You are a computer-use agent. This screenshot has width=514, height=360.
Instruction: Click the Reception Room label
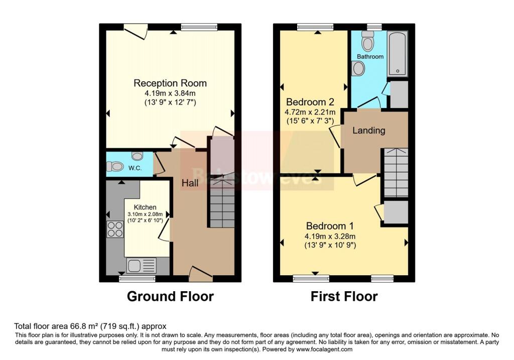pyautogui.click(x=170, y=83)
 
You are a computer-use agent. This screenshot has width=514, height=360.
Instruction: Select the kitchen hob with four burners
pyautogui.click(x=115, y=229)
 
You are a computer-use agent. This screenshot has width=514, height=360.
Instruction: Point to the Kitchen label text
pyautogui.click(x=145, y=207)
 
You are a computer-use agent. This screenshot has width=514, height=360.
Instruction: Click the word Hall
pyautogui.click(x=190, y=184)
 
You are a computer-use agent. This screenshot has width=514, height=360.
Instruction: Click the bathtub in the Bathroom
pyautogui.click(x=397, y=54)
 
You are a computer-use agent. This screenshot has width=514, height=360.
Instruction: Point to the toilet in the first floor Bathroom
pyautogui.click(x=367, y=43)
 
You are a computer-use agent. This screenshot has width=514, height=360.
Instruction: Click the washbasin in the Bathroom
pyautogui.click(x=358, y=69)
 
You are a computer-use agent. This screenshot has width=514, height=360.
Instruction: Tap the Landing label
pyautogui.click(x=368, y=131)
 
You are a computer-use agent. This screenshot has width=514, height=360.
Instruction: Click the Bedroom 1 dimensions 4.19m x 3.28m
pyautogui.click(x=330, y=237)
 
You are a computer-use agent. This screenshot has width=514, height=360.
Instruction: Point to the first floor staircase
pyautogui.click(x=396, y=173)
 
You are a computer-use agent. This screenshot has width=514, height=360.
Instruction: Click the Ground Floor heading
pyautogui.click(x=170, y=297)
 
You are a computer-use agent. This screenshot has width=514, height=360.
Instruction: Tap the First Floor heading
pyautogui.click(x=344, y=297)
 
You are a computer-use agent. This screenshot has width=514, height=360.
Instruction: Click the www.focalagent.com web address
pyautogui.click(x=323, y=349)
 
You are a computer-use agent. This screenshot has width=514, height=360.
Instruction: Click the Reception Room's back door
pyautogui.click(x=136, y=31)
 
